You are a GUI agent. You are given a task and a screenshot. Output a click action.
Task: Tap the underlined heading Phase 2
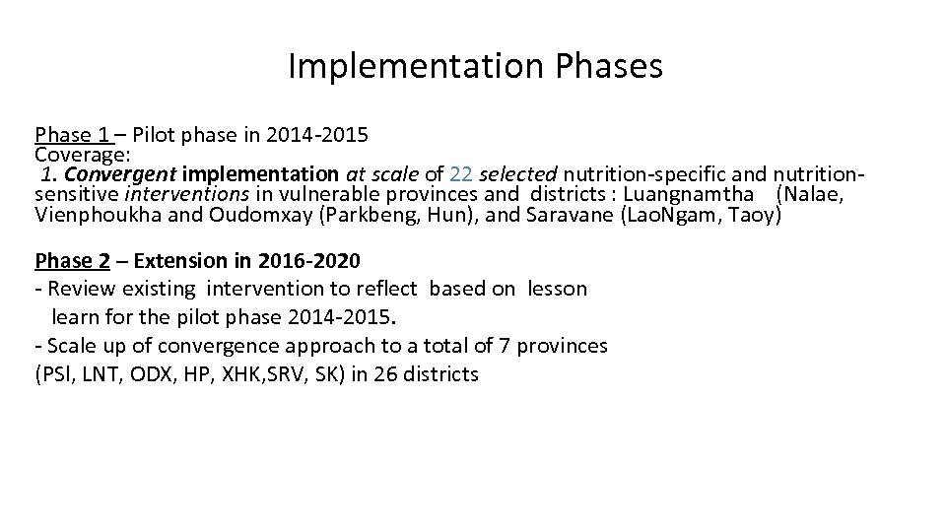[x=72, y=261]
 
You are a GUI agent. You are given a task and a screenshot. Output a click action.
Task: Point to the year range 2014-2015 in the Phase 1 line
[x=320, y=135]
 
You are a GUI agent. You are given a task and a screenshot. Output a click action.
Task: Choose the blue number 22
[x=461, y=174]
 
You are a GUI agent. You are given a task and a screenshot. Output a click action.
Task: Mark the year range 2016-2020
[x=308, y=261]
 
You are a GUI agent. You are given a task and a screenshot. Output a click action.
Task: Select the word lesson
[x=557, y=289]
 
